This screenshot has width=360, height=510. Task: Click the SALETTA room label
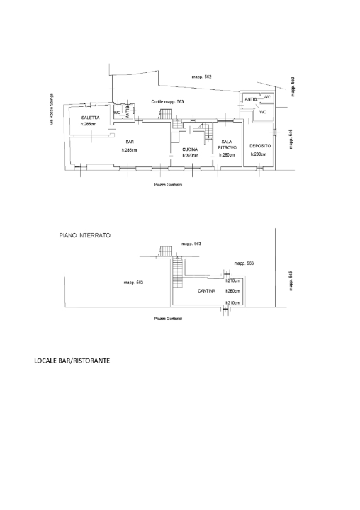90,117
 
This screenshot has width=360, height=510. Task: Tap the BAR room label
129,141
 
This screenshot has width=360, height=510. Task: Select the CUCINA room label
189,149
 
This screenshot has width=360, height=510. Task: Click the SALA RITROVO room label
227,144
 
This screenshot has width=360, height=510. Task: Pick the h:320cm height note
190,155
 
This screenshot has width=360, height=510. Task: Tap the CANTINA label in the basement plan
207,291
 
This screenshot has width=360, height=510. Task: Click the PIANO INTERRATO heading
79,234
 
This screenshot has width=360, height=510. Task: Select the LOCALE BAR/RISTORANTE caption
72,361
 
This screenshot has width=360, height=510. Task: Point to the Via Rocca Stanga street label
51,111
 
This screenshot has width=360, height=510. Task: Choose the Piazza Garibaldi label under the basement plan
168,318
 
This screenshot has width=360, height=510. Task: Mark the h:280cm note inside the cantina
232,291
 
